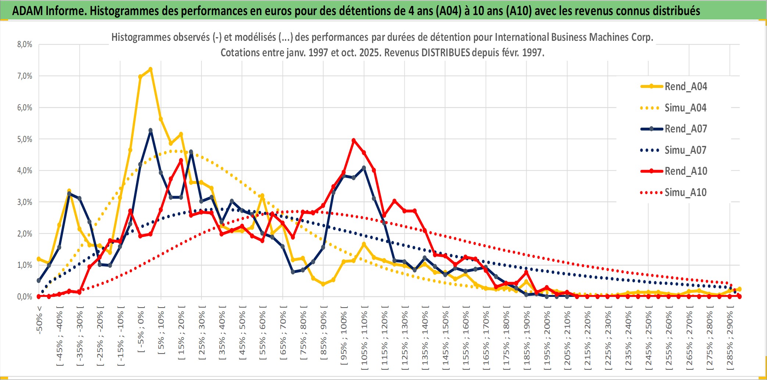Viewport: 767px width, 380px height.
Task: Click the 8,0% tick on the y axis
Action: click(25, 45)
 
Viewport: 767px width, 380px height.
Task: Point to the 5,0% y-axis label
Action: click(25, 139)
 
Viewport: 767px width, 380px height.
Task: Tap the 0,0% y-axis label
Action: click(25, 296)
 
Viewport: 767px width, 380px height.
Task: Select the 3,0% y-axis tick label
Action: click(25, 202)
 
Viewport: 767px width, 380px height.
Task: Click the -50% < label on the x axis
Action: click(39, 320)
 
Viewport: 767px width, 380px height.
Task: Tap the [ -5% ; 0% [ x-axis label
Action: click(141, 329)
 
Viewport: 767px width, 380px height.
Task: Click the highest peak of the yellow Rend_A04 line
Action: click(150, 69)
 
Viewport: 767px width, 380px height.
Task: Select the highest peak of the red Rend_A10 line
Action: click(354, 140)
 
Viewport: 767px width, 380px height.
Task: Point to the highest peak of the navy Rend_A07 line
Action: click(150, 130)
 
